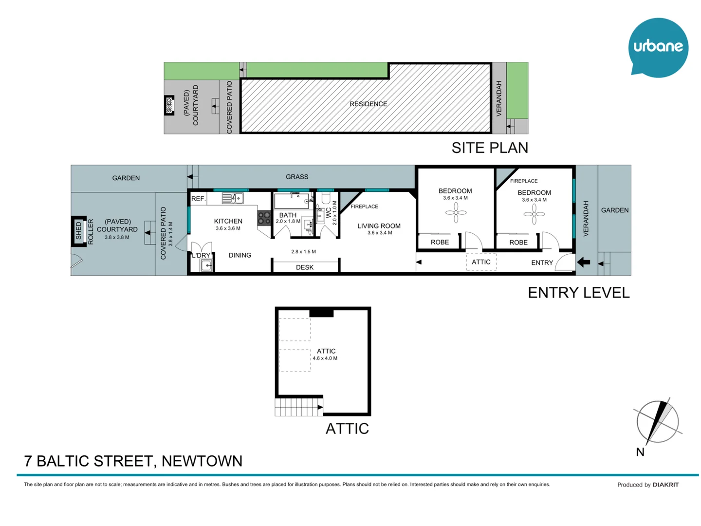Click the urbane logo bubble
pos(658,47)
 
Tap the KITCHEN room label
pos(228,221)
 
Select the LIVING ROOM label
pos(379,226)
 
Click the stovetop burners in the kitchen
pos(264,218)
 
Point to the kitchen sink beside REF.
pos(232,198)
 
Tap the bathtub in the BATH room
pos(291,201)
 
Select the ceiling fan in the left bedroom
pos(456,212)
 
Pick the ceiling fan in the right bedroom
pos(534,214)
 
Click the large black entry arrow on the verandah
pos(583,263)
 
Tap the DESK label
pos(305,267)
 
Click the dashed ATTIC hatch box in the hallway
pos(481,262)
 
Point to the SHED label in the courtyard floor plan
pos(79,231)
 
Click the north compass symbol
pos(657,421)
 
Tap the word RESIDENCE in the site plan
pos(368,104)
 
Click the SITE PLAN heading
pos(489,148)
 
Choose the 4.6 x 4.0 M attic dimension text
pos(325,358)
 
